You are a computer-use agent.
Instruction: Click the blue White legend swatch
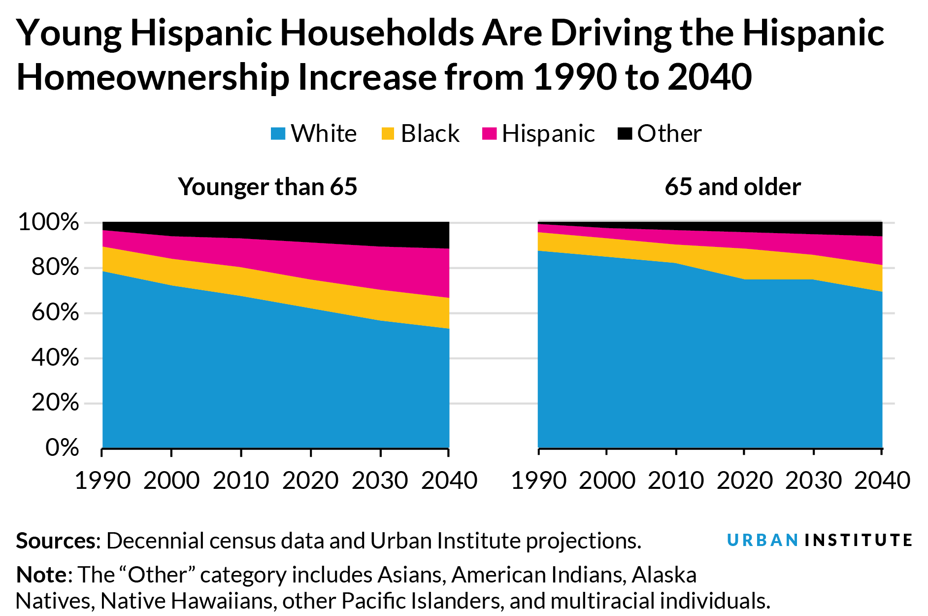click(x=278, y=134)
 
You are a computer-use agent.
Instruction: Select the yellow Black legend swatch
click(x=388, y=134)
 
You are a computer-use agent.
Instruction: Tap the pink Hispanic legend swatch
click(x=490, y=134)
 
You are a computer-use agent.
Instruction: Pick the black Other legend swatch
click(x=625, y=134)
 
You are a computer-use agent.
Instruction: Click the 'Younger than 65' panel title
click(x=267, y=187)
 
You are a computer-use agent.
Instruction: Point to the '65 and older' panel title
click(x=732, y=187)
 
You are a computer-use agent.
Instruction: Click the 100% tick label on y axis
click(x=48, y=223)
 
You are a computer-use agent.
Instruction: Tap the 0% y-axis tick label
click(x=62, y=448)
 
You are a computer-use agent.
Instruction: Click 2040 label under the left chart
click(x=449, y=480)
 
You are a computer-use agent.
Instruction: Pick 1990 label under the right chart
click(x=538, y=480)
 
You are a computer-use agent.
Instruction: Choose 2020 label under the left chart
click(x=310, y=480)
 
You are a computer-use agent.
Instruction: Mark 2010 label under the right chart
click(x=676, y=480)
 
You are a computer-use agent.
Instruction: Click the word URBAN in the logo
click(x=762, y=541)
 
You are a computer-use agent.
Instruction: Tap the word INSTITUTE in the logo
click(x=859, y=541)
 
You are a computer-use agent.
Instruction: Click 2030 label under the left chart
click(x=380, y=480)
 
